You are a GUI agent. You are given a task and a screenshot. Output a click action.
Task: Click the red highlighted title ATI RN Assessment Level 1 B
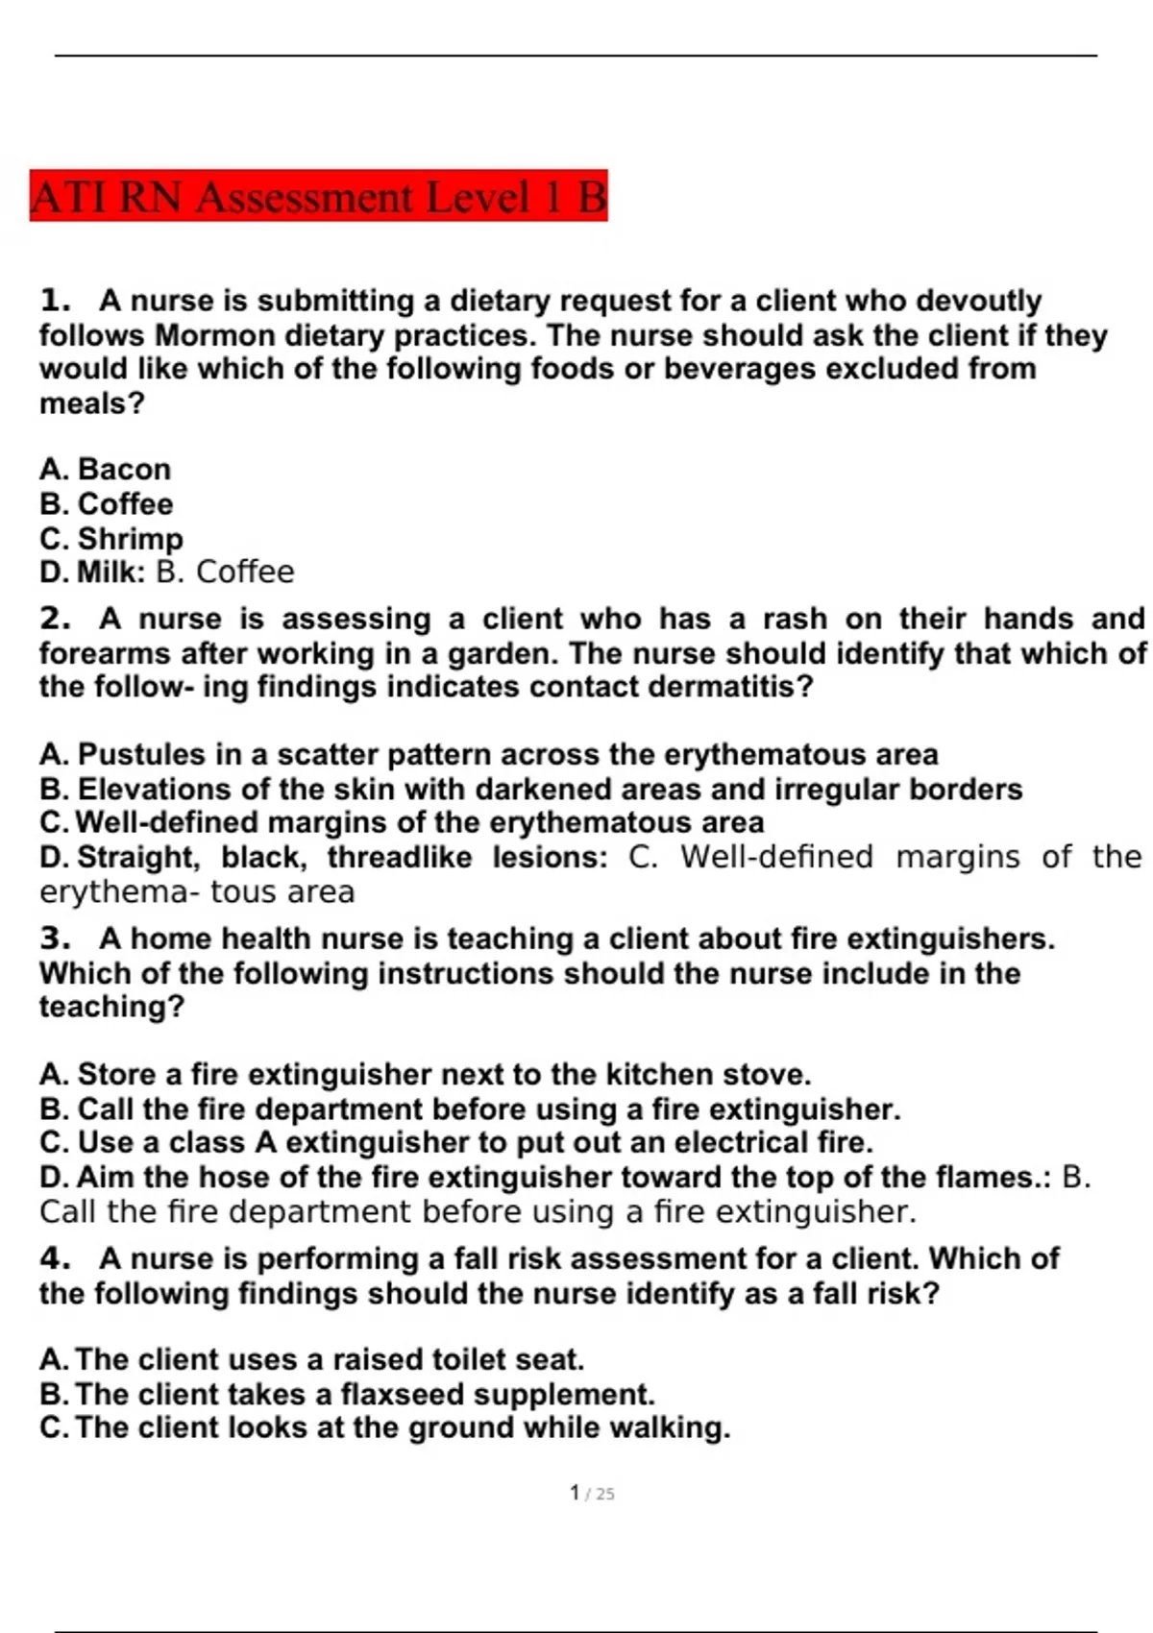click(318, 197)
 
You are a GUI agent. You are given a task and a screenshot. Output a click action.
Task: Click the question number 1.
click(55, 301)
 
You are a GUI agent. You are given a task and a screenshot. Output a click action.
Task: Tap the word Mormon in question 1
click(214, 335)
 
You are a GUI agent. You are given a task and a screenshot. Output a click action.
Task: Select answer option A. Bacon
click(106, 469)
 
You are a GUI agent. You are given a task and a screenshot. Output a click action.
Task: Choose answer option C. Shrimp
click(111, 538)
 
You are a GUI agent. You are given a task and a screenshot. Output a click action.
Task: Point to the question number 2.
click(55, 619)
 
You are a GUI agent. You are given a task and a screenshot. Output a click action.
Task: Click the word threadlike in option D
click(400, 856)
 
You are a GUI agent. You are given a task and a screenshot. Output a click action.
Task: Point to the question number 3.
click(55, 938)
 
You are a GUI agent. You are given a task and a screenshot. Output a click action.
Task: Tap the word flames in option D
click(990, 1177)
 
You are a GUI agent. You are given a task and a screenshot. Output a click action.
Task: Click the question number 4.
click(55, 1258)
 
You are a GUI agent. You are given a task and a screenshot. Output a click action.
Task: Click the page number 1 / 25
click(592, 1493)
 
